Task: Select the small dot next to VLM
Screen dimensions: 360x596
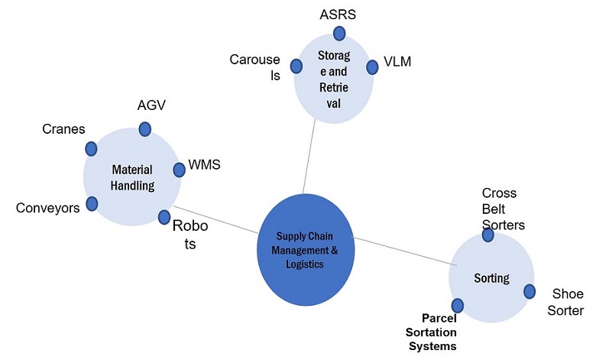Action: pos(372,67)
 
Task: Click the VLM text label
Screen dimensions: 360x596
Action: pos(397,61)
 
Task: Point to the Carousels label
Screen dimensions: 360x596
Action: pos(255,67)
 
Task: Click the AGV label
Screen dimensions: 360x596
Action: pos(151,105)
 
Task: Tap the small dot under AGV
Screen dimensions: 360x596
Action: pos(144,128)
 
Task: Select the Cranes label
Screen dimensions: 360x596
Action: pos(63,129)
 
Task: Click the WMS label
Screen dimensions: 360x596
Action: pos(205,165)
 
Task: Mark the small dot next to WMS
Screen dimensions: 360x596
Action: pos(179,170)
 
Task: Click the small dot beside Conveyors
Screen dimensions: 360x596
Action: pos(92,203)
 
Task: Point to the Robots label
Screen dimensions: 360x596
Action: pos(189,234)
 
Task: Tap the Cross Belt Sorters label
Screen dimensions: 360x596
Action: pos(503,209)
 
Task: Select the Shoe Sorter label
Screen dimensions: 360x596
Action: pos(567,302)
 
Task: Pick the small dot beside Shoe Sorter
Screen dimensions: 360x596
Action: pos(529,291)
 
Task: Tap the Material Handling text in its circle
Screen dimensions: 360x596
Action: pos(132,177)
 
